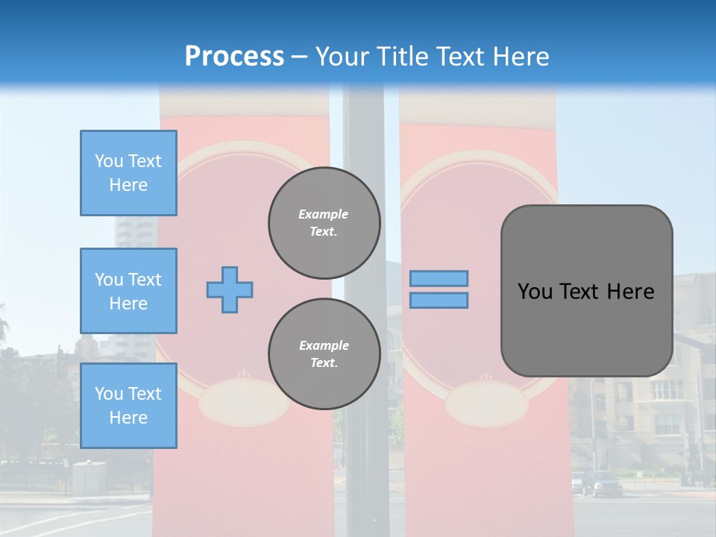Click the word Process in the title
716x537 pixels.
click(234, 57)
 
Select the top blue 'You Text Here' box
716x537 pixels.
click(128, 173)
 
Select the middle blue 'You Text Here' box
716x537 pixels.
click(128, 291)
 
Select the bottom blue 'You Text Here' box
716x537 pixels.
click(128, 406)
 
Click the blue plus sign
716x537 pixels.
click(230, 289)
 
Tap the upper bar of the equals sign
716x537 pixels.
click(439, 278)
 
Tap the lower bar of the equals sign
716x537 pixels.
click(439, 301)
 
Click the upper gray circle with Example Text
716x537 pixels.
click(324, 223)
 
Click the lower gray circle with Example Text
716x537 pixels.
click(324, 354)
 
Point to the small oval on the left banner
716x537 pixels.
click(243, 403)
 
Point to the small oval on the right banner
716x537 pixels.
click(486, 403)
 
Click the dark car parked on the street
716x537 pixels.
click(601, 484)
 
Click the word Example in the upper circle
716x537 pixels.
click(324, 214)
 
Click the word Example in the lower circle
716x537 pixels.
click(324, 345)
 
